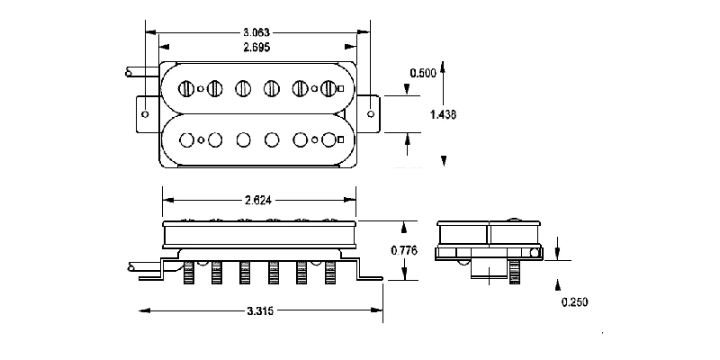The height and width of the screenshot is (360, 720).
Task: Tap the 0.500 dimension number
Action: (424, 72)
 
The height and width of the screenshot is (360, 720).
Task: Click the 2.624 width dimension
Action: (258, 201)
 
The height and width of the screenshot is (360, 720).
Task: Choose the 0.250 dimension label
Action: (574, 302)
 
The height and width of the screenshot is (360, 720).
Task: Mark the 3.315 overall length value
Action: (260, 310)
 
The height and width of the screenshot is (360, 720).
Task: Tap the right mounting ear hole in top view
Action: (372, 114)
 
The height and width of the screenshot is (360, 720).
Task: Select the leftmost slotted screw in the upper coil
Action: (187, 88)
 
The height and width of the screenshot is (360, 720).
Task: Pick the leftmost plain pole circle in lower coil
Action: (187, 139)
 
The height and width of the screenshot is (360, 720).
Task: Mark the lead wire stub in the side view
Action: (144, 265)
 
